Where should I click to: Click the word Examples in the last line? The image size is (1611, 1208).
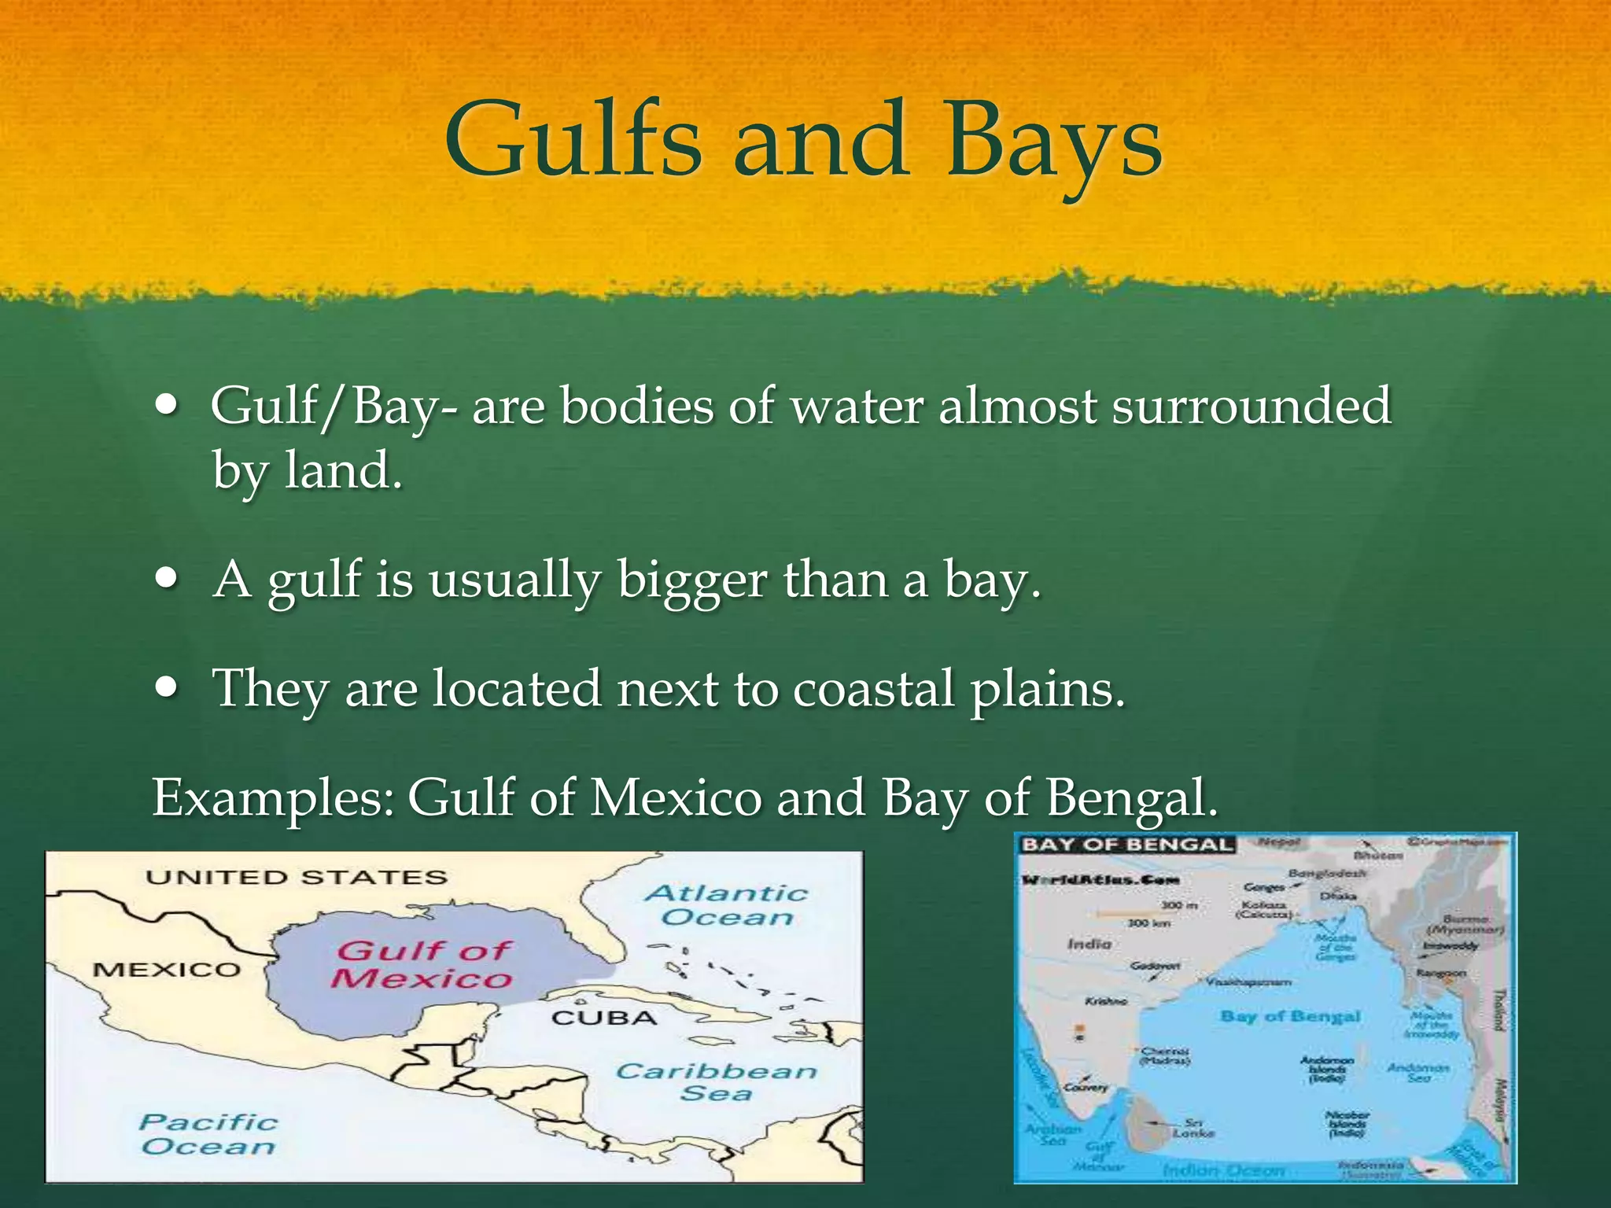pos(272,798)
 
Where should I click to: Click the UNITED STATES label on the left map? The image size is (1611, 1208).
pos(296,878)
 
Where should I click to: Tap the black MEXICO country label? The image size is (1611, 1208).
pos(167,970)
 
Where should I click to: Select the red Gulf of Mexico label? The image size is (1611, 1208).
pos(422,964)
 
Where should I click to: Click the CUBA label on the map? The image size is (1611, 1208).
pos(604,1018)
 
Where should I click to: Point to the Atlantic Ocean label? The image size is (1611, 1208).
pos(727,905)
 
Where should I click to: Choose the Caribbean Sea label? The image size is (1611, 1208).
pos(716,1082)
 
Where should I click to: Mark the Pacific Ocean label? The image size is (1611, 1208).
pos(208,1134)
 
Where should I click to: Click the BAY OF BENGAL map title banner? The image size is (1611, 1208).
pos(1126,845)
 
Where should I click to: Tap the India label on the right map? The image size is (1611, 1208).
pos(1089,944)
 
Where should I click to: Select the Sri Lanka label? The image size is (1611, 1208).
pos(1193,1128)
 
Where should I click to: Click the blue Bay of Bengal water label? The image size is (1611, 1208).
pos(1290,1016)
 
